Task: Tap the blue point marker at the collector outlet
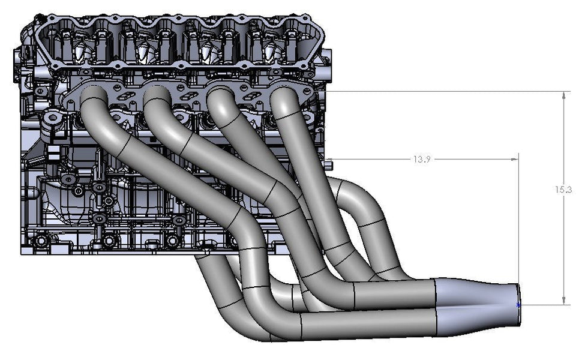click(x=518, y=305)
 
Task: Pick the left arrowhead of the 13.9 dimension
click(x=330, y=159)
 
